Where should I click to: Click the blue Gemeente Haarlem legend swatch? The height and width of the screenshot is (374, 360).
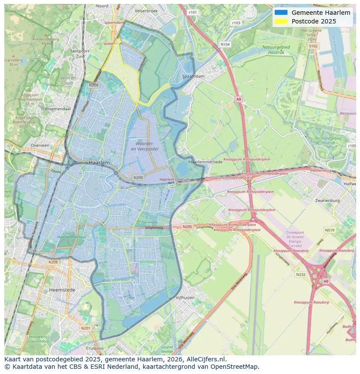pyautogui.click(x=281, y=13)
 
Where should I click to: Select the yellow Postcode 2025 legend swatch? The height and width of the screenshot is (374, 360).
pyautogui.click(x=281, y=21)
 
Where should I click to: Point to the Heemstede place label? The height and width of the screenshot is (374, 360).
pyautogui.click(x=62, y=290)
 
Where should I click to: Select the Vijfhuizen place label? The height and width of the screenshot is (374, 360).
pyautogui.click(x=185, y=298)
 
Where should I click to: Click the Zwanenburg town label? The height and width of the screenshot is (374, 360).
pyautogui.click(x=327, y=201)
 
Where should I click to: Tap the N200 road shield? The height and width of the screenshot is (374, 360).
pyautogui.click(x=138, y=178)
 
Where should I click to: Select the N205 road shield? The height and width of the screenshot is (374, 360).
pyautogui.click(x=187, y=227)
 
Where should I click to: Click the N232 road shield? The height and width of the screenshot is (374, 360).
pyautogui.click(x=300, y=275)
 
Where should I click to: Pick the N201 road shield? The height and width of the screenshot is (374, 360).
pyautogui.click(x=86, y=328)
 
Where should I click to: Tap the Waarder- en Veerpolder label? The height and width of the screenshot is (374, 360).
pyautogui.click(x=145, y=146)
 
